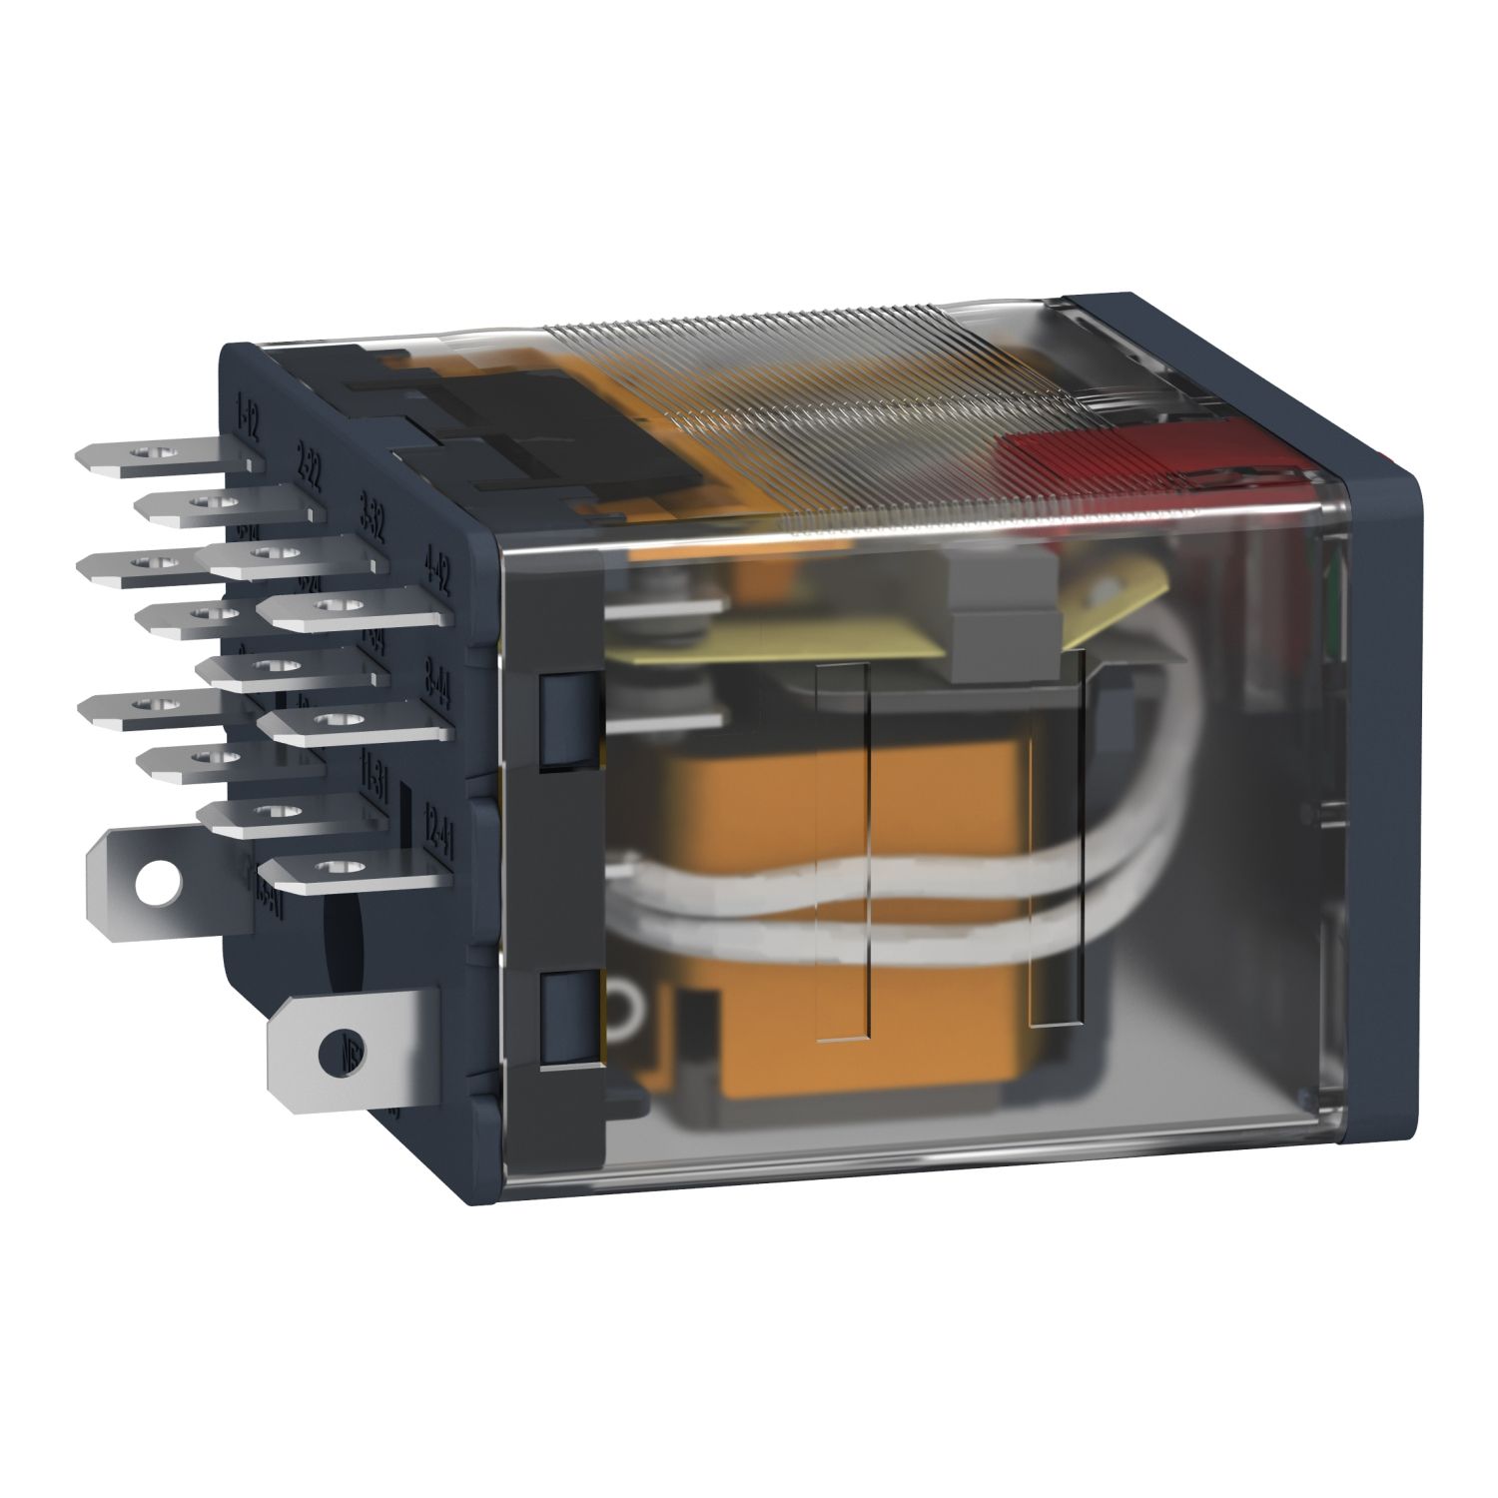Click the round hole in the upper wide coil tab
[154, 879]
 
